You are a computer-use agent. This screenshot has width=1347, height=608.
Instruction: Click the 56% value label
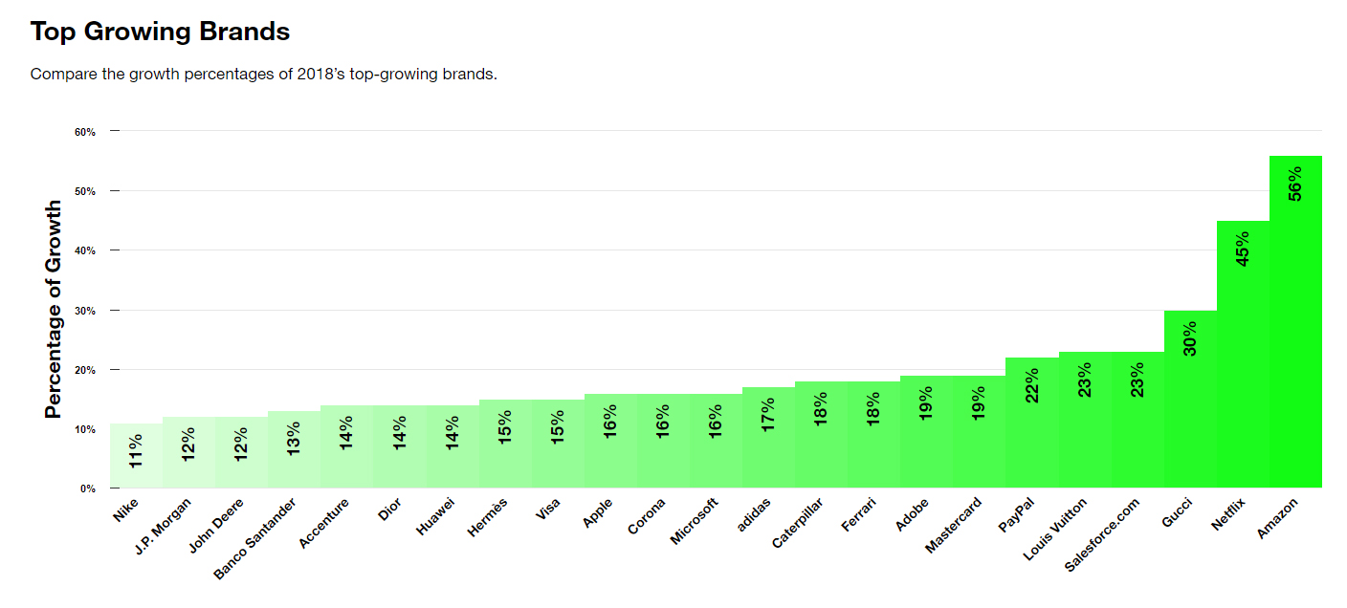(x=1295, y=184)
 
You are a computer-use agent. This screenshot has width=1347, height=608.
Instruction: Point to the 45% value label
(x=1243, y=249)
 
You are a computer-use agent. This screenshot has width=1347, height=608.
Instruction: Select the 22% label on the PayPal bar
(x=1032, y=385)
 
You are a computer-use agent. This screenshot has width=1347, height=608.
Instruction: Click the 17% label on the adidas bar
(x=769, y=416)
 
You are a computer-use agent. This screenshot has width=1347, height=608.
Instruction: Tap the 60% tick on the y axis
(x=84, y=132)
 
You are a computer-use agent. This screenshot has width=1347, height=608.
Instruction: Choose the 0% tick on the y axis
(x=87, y=489)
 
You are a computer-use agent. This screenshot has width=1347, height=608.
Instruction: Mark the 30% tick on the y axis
(x=84, y=311)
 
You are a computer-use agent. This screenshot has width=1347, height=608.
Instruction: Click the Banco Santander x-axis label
(x=255, y=537)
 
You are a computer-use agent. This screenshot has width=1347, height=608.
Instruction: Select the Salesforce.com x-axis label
(x=1103, y=534)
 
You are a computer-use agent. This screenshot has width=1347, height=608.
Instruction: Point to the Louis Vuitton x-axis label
(x=1055, y=530)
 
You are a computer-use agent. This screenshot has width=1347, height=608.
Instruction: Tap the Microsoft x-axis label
(x=695, y=521)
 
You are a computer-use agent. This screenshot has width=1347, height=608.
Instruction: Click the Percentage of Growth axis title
(x=54, y=309)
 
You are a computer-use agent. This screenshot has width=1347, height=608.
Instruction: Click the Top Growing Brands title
(x=160, y=32)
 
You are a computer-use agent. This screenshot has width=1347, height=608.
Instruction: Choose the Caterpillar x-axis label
(x=798, y=523)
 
